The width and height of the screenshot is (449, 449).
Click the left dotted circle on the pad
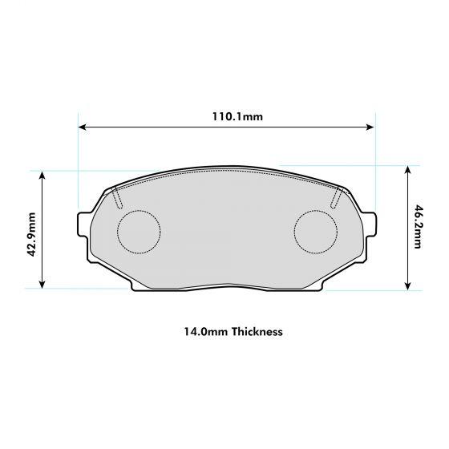pyautogui.click(x=140, y=231)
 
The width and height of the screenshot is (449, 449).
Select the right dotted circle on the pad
pyautogui.click(x=316, y=231)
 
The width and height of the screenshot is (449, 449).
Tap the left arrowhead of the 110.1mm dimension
pyautogui.click(x=81, y=126)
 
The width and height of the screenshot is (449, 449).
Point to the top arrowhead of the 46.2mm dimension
pyautogui.click(x=408, y=170)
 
